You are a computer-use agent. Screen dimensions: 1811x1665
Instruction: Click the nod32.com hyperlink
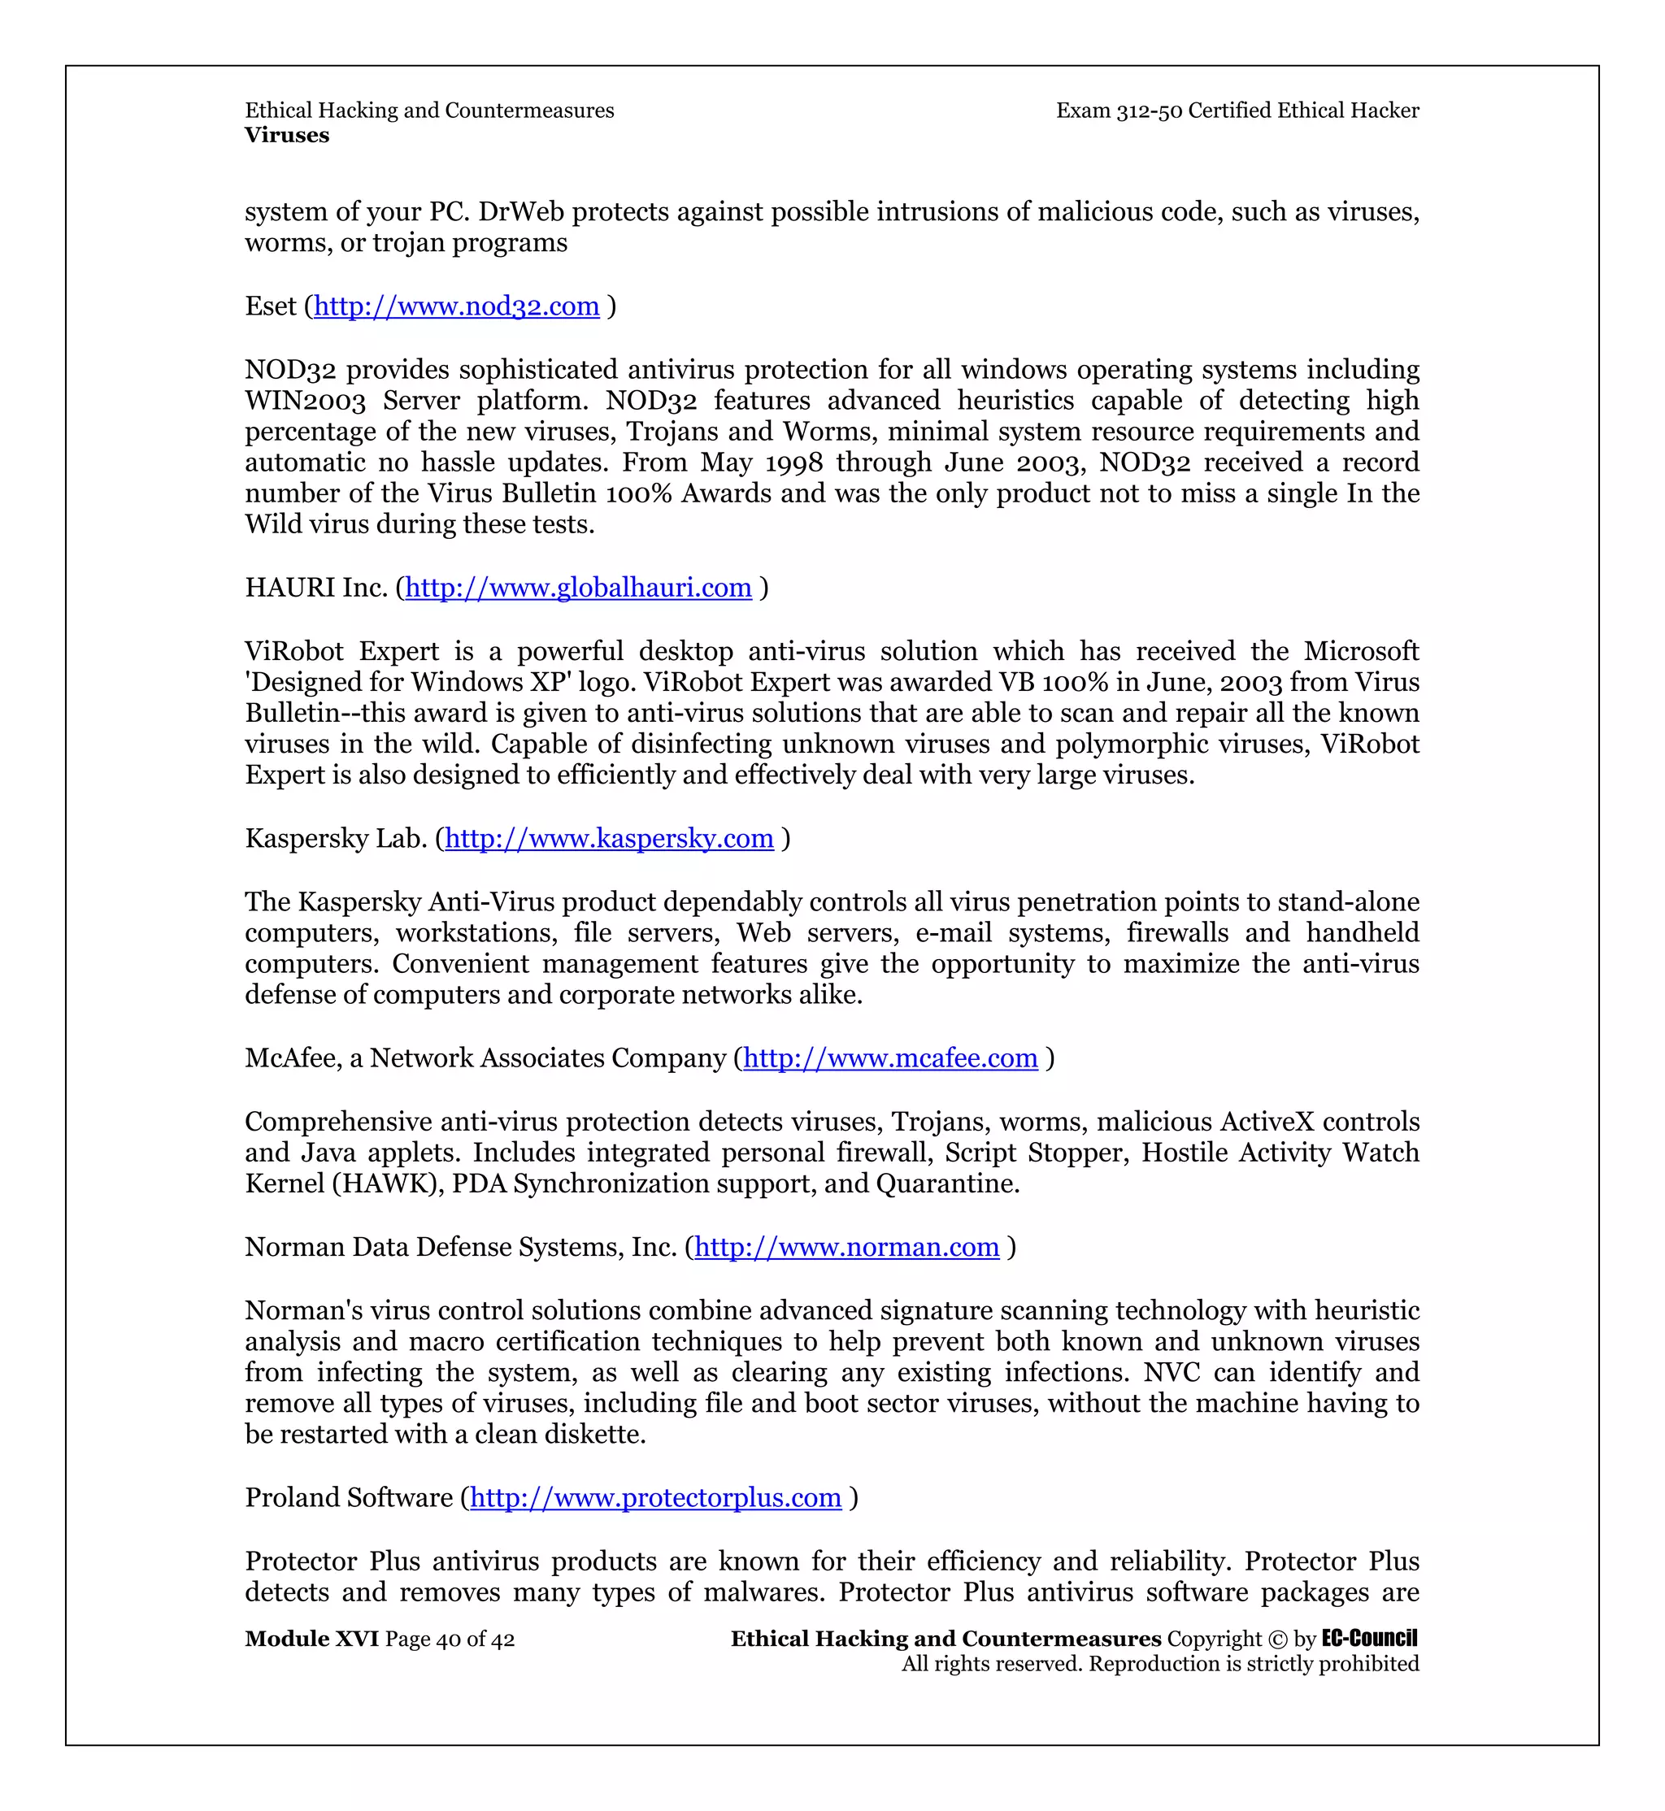(456, 306)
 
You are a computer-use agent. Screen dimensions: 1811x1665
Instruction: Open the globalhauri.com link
(577, 588)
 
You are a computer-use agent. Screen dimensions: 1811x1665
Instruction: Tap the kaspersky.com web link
(609, 839)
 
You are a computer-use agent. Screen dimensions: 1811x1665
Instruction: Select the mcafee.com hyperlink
(890, 1058)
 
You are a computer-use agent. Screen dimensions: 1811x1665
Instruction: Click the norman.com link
(846, 1247)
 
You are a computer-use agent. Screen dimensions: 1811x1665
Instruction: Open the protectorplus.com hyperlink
(655, 1497)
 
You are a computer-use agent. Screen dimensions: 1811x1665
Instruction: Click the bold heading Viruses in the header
(286, 135)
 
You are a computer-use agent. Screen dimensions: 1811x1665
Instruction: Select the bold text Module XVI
(311, 1639)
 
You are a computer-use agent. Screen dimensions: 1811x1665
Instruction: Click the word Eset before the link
(270, 306)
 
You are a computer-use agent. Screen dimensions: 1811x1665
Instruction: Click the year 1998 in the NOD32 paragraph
(793, 463)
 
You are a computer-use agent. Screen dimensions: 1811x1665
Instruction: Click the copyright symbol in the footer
(1277, 1639)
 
